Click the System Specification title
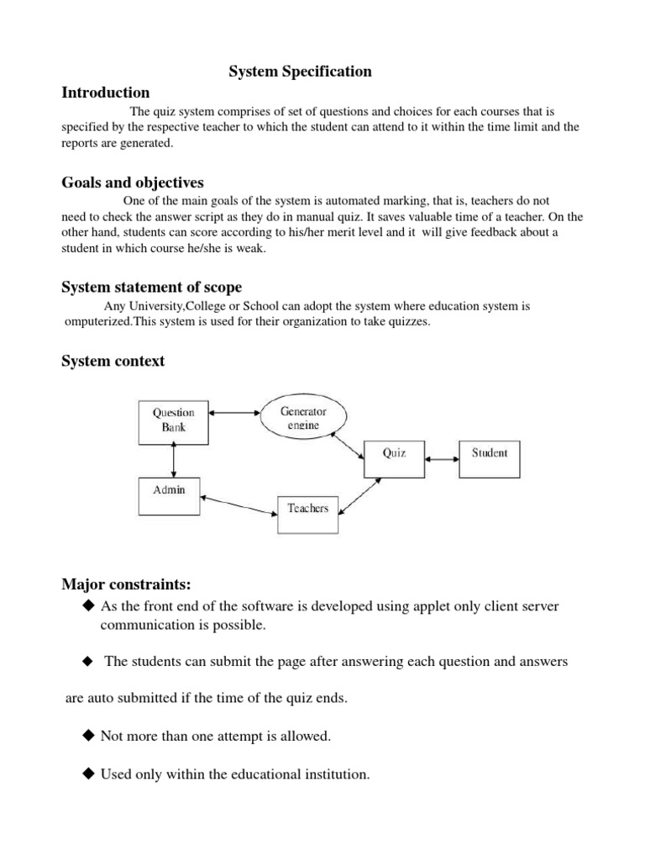300,72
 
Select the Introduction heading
105,92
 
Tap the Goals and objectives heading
132,182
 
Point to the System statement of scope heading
151,288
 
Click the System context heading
113,362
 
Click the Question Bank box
173,420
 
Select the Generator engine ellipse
302,418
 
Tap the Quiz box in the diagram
394,453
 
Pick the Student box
489,453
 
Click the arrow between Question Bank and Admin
173,460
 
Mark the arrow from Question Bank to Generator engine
233,413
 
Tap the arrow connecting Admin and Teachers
239,504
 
